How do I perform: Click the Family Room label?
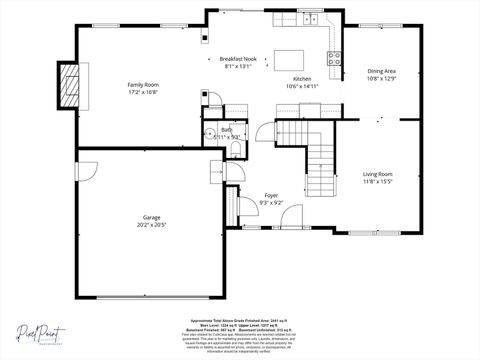click(143, 85)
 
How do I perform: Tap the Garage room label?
click(151, 217)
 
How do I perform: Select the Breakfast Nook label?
click(238, 59)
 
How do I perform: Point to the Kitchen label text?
click(301, 78)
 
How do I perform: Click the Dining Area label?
click(381, 71)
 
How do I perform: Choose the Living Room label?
click(378, 174)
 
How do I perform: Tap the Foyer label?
click(271, 195)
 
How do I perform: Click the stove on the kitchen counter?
click(335, 58)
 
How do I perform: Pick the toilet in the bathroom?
click(234, 149)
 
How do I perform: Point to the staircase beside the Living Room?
click(318, 160)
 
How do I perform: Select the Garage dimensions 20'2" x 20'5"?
click(151, 225)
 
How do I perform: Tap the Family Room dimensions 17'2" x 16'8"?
click(143, 93)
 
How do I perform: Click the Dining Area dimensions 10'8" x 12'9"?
click(381, 79)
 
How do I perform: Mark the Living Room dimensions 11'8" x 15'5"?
click(378, 182)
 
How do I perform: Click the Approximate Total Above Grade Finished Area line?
click(239, 321)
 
